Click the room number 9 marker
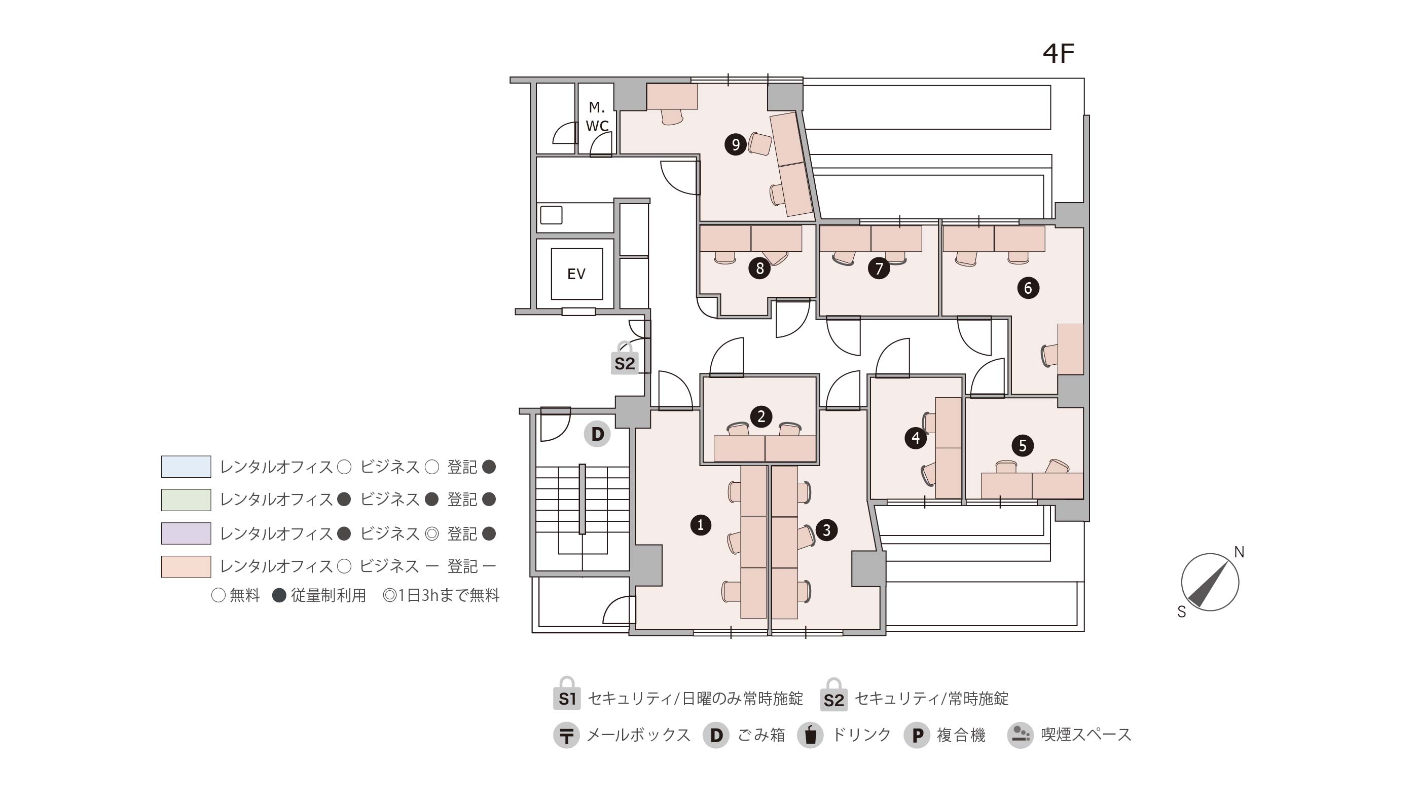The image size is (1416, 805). (x=736, y=144)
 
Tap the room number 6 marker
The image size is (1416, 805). (x=1028, y=288)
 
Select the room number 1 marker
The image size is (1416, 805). (x=701, y=525)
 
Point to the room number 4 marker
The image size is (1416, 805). (x=916, y=438)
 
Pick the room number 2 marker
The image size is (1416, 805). (x=761, y=416)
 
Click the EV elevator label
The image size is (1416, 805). (x=576, y=274)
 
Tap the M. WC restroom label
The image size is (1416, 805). (x=597, y=117)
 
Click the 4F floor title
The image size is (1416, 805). (x=1058, y=53)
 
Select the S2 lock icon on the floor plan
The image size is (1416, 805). (x=625, y=358)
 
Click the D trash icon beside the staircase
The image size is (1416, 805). (x=597, y=434)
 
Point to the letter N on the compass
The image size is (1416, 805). (x=1240, y=552)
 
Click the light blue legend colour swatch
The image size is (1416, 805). (x=186, y=467)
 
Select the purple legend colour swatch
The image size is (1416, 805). (x=186, y=533)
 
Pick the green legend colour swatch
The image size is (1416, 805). (x=186, y=500)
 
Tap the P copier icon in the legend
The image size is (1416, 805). (x=917, y=735)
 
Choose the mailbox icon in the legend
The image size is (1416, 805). (x=566, y=735)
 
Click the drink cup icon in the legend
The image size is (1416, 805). (x=810, y=735)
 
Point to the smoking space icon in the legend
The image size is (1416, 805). (x=1021, y=735)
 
